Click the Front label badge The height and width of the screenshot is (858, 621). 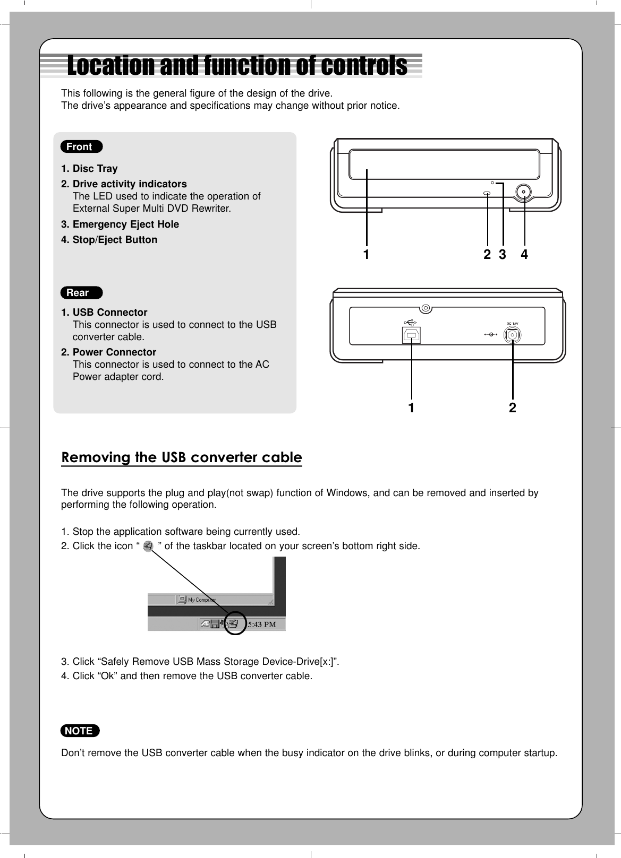tap(81, 147)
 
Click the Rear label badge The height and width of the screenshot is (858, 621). tap(81, 293)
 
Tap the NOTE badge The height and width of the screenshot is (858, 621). tap(80, 731)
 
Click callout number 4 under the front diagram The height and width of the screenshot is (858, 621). tap(524, 255)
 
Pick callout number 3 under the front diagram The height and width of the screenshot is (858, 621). tap(502, 255)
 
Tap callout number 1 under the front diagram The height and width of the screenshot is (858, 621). tap(366, 255)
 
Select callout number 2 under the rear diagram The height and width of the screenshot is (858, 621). tap(512, 408)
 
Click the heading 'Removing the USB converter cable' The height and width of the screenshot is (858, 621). tap(182, 457)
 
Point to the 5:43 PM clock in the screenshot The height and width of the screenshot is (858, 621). tap(262, 625)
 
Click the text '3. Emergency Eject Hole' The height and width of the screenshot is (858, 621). tap(120, 224)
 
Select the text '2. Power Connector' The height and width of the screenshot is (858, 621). tap(109, 352)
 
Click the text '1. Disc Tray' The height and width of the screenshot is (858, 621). tap(89, 169)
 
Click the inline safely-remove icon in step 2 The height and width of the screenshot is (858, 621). tap(148, 546)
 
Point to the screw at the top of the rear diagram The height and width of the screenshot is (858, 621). tap(425, 308)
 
